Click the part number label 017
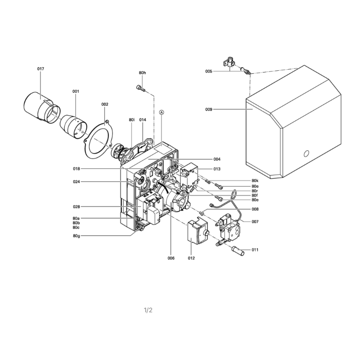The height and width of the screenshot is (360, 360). coord(40,69)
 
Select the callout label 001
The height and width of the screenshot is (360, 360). coord(76,91)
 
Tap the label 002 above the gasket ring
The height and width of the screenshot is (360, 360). coord(105,104)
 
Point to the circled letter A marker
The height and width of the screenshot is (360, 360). coord(162,112)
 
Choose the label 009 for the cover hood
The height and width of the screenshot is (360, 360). coord(209,109)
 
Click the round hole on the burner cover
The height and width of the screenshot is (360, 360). coord(306,153)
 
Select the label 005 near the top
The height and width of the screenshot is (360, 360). coord(209,72)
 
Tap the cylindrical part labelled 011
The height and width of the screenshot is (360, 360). coord(238,251)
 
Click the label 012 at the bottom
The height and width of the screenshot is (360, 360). coord(191,258)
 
